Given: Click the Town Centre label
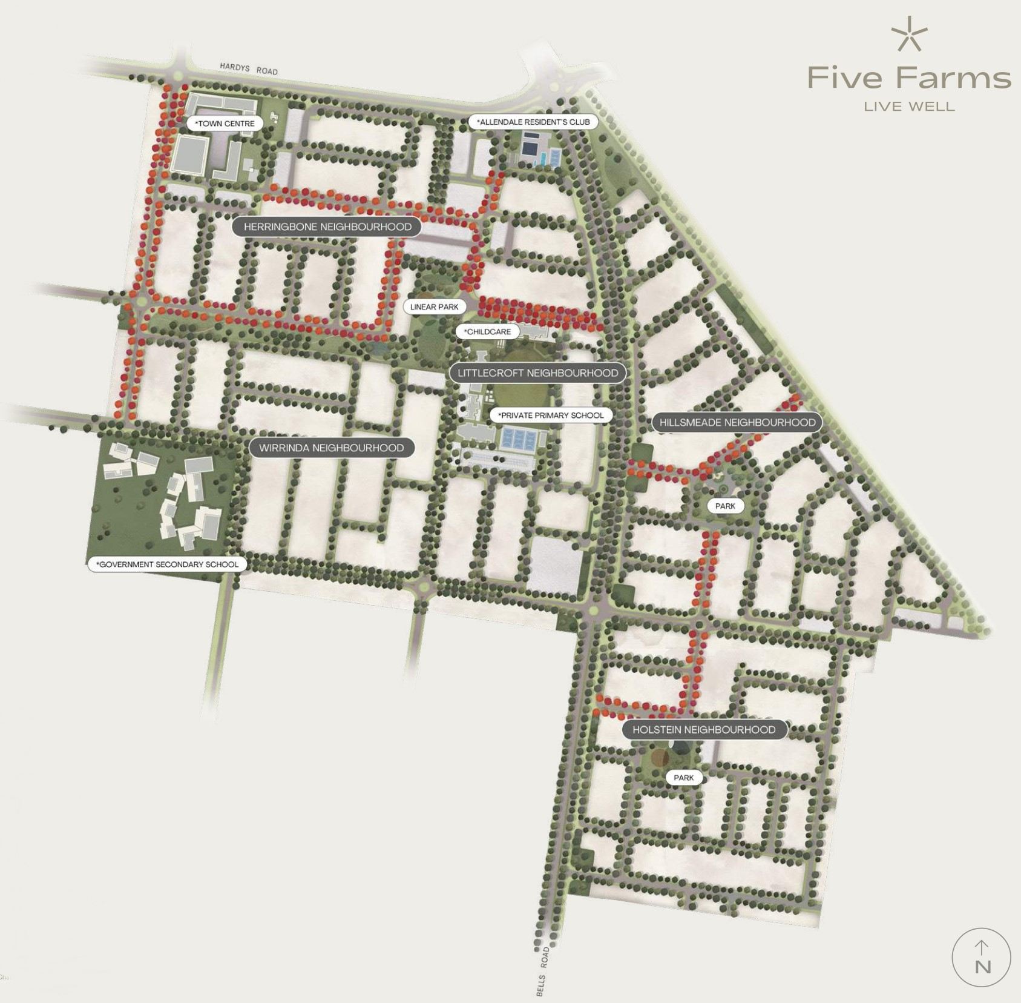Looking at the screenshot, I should (225, 124).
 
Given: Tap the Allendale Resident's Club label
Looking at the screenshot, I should (533, 122).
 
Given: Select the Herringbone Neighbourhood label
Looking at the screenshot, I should (327, 227).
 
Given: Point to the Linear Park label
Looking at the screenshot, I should (434, 307).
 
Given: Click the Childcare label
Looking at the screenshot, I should (487, 332).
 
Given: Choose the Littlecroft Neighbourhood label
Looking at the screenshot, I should (537, 373).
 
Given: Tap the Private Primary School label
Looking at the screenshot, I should (551, 415).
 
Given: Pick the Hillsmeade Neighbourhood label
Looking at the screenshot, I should (737, 423).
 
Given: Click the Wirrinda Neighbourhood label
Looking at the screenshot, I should (331, 448).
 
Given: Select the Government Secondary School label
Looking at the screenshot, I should (168, 564).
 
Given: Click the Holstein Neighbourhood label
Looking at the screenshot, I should (704, 730).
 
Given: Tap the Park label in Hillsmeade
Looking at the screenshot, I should (725, 506).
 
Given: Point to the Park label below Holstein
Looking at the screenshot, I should (684, 778).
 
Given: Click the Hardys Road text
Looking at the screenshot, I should (248, 68).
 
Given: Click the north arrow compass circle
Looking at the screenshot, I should (981, 958).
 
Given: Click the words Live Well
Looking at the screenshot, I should (909, 107).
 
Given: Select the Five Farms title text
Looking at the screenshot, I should (909, 78).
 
